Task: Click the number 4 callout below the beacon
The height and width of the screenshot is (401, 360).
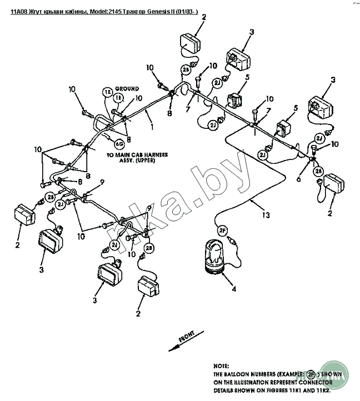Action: pyautogui.click(x=233, y=289)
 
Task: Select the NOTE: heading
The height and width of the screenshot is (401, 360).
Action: pyautogui.click(x=222, y=367)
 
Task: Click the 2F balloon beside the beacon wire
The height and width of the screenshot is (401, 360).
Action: pyautogui.click(x=223, y=230)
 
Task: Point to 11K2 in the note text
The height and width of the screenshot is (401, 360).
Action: pyautogui.click(x=317, y=390)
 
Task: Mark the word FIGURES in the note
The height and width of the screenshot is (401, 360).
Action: pyautogui.click(x=268, y=390)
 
